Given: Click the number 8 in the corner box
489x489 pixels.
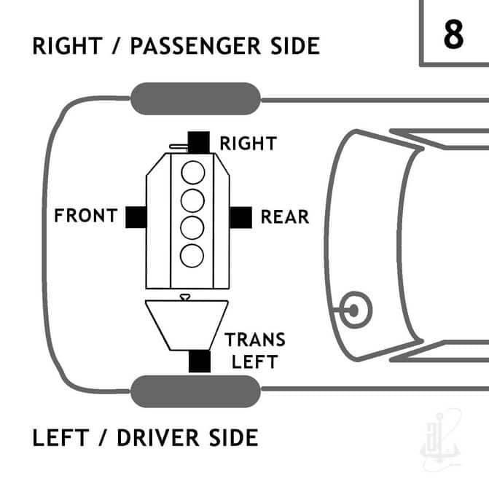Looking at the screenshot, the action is point(453,34).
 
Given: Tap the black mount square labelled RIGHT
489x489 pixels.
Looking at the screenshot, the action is point(199,143).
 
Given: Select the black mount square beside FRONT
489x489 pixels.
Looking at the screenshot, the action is point(136,217).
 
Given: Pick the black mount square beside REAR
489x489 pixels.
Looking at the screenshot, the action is point(240,217).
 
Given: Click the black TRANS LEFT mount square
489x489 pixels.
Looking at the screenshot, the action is point(200,361).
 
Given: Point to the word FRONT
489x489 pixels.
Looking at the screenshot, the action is point(86,216).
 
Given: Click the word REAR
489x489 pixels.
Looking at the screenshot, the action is point(285,216).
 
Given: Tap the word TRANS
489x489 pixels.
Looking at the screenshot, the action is point(255,340).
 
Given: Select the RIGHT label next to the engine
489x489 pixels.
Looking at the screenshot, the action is point(249,144).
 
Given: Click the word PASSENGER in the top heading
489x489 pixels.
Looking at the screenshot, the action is point(195,46).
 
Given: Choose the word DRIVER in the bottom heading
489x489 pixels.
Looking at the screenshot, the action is point(158,438).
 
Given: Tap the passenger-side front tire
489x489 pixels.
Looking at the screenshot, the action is point(195,98).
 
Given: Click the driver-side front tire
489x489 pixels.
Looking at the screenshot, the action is point(195,391).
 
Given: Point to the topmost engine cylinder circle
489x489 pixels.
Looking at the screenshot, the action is point(193,173).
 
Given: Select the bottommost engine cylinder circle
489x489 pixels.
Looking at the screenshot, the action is point(192,256).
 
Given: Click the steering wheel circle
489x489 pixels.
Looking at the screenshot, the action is point(356,310).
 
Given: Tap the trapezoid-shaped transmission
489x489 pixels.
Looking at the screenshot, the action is point(187,325).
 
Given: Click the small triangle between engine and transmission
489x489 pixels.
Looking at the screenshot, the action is point(185,297).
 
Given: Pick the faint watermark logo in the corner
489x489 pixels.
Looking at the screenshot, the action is point(440,439).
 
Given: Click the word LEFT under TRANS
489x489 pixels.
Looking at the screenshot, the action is point(254,361).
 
